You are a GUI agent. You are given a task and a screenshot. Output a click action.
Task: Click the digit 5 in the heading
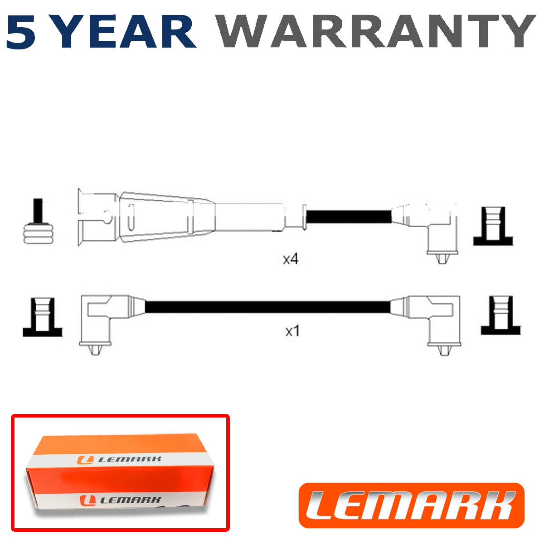[x=21, y=32]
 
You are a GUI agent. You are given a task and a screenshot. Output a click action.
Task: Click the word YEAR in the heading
[x=125, y=31]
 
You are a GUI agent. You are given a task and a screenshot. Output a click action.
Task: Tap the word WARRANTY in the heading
[x=376, y=31]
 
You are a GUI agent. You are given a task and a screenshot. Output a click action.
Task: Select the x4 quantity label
[x=291, y=259]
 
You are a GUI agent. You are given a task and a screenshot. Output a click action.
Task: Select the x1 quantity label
[x=292, y=331]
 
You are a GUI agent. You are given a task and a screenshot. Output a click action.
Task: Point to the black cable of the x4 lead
[x=349, y=217]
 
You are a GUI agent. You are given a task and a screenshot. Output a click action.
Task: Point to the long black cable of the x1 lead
[x=268, y=307]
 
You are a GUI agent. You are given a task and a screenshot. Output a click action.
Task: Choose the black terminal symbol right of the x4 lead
[x=493, y=226]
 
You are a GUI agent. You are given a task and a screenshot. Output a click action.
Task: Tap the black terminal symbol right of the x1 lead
[x=501, y=316]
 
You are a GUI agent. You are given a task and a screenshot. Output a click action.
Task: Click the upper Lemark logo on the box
[x=119, y=459]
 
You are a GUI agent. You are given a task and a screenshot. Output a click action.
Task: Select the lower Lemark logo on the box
[x=120, y=500]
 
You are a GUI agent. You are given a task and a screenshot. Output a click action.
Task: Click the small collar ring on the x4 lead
[x=304, y=217]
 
